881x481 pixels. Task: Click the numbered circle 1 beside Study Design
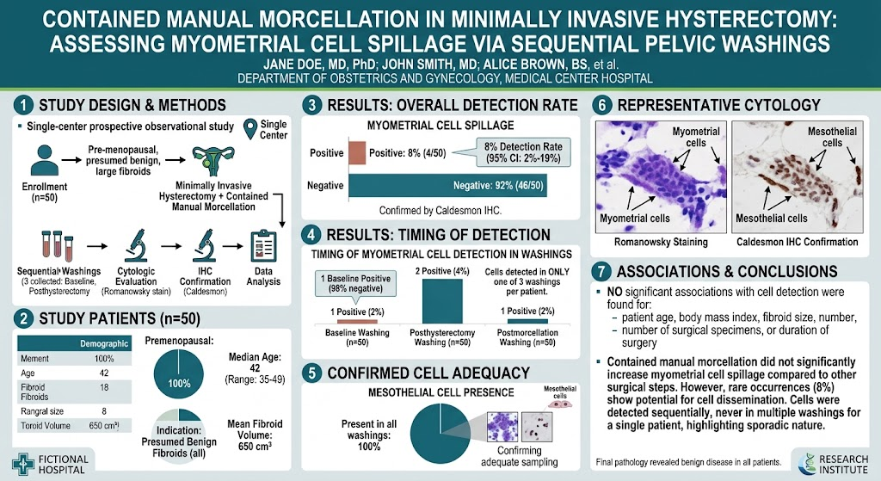point(23,106)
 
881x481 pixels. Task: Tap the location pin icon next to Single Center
point(250,129)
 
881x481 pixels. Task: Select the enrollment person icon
point(45,160)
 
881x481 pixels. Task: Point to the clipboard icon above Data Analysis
point(263,246)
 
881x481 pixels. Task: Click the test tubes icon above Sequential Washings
point(57,246)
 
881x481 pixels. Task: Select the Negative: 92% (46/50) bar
point(447,186)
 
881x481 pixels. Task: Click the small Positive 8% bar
point(357,153)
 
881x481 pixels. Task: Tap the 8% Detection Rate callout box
point(522,152)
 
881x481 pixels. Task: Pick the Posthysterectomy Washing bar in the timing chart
point(442,301)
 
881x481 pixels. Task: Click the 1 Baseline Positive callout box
point(355,283)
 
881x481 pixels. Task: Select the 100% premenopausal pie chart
point(179,374)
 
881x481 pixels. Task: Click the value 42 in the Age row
point(104,373)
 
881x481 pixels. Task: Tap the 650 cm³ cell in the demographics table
point(104,425)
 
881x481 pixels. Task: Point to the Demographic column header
point(104,343)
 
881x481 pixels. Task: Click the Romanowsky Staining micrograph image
point(661,176)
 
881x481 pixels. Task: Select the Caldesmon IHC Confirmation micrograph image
point(798,176)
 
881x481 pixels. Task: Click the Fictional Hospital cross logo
point(23,464)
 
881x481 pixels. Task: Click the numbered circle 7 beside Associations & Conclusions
point(601,272)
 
